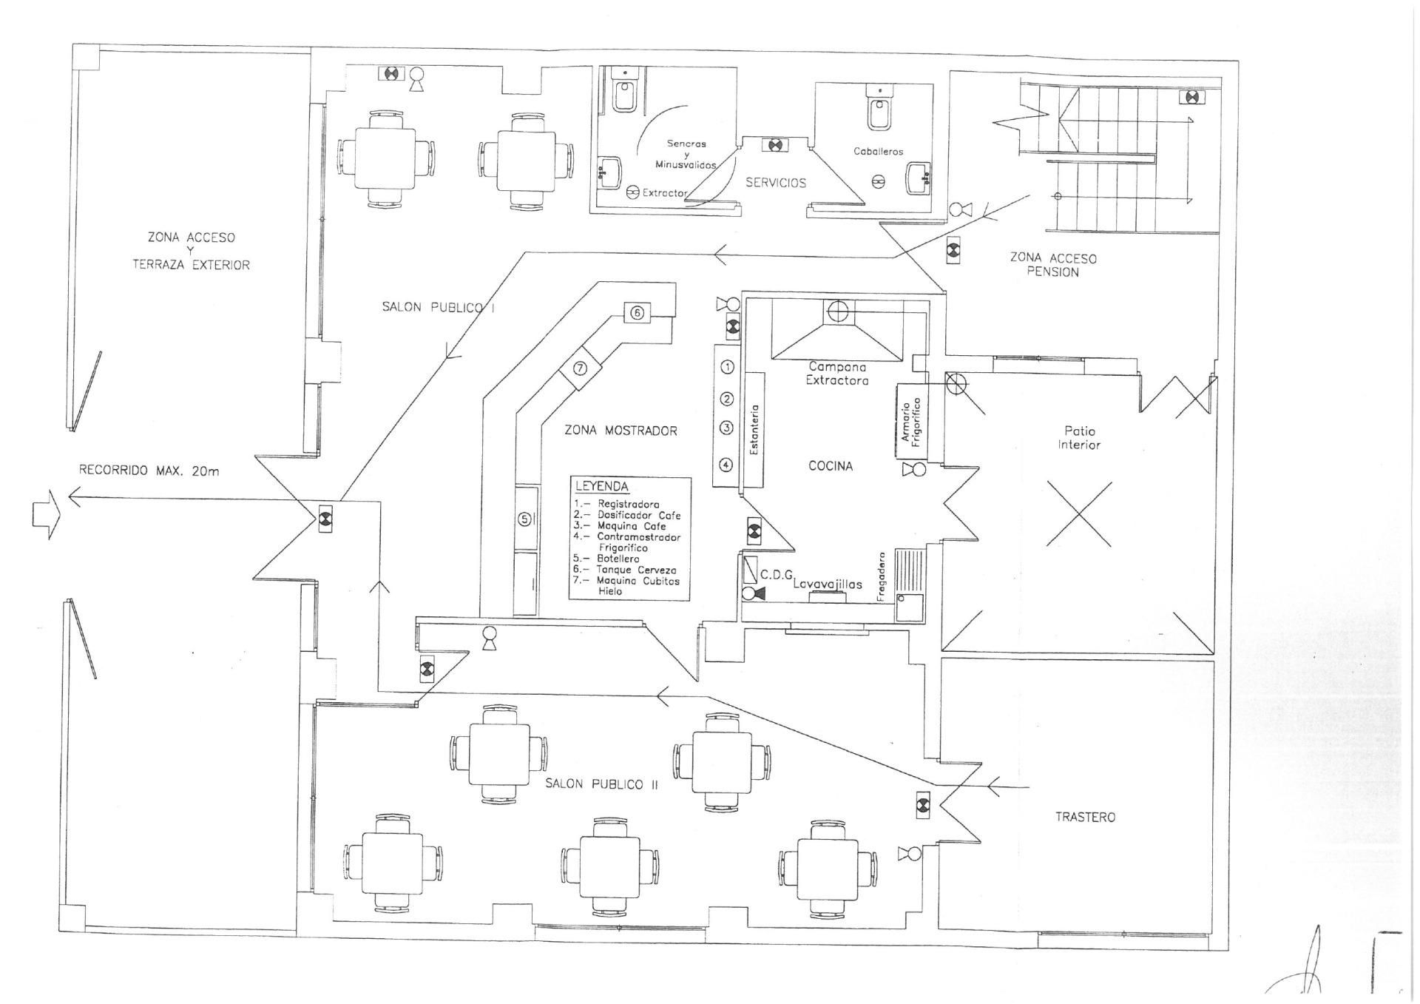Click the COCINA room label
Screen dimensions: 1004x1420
coord(830,466)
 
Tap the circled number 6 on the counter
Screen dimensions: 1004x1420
coord(637,313)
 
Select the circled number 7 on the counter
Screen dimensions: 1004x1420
coord(581,368)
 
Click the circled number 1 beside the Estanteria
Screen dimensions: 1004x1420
coord(727,367)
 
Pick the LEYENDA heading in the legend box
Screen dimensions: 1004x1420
coord(602,487)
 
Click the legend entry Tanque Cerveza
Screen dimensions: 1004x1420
coord(636,570)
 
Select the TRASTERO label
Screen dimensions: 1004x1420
coord(1085,817)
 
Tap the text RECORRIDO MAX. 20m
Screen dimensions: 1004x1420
coord(149,471)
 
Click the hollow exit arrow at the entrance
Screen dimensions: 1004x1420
coord(44,513)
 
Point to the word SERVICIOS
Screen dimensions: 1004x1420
coord(775,183)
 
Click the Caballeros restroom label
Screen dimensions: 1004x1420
coord(878,152)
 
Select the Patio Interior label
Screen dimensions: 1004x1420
coord(1079,437)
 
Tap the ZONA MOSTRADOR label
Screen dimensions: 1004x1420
coord(621,431)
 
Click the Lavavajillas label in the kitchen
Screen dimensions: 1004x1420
coord(828,584)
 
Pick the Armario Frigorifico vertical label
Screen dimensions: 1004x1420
coord(910,421)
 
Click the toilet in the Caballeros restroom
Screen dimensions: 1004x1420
coord(880,111)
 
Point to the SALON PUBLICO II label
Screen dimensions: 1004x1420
coord(601,784)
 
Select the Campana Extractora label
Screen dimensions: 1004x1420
coord(837,374)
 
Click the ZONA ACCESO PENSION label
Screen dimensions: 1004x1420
coord(1053,265)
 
